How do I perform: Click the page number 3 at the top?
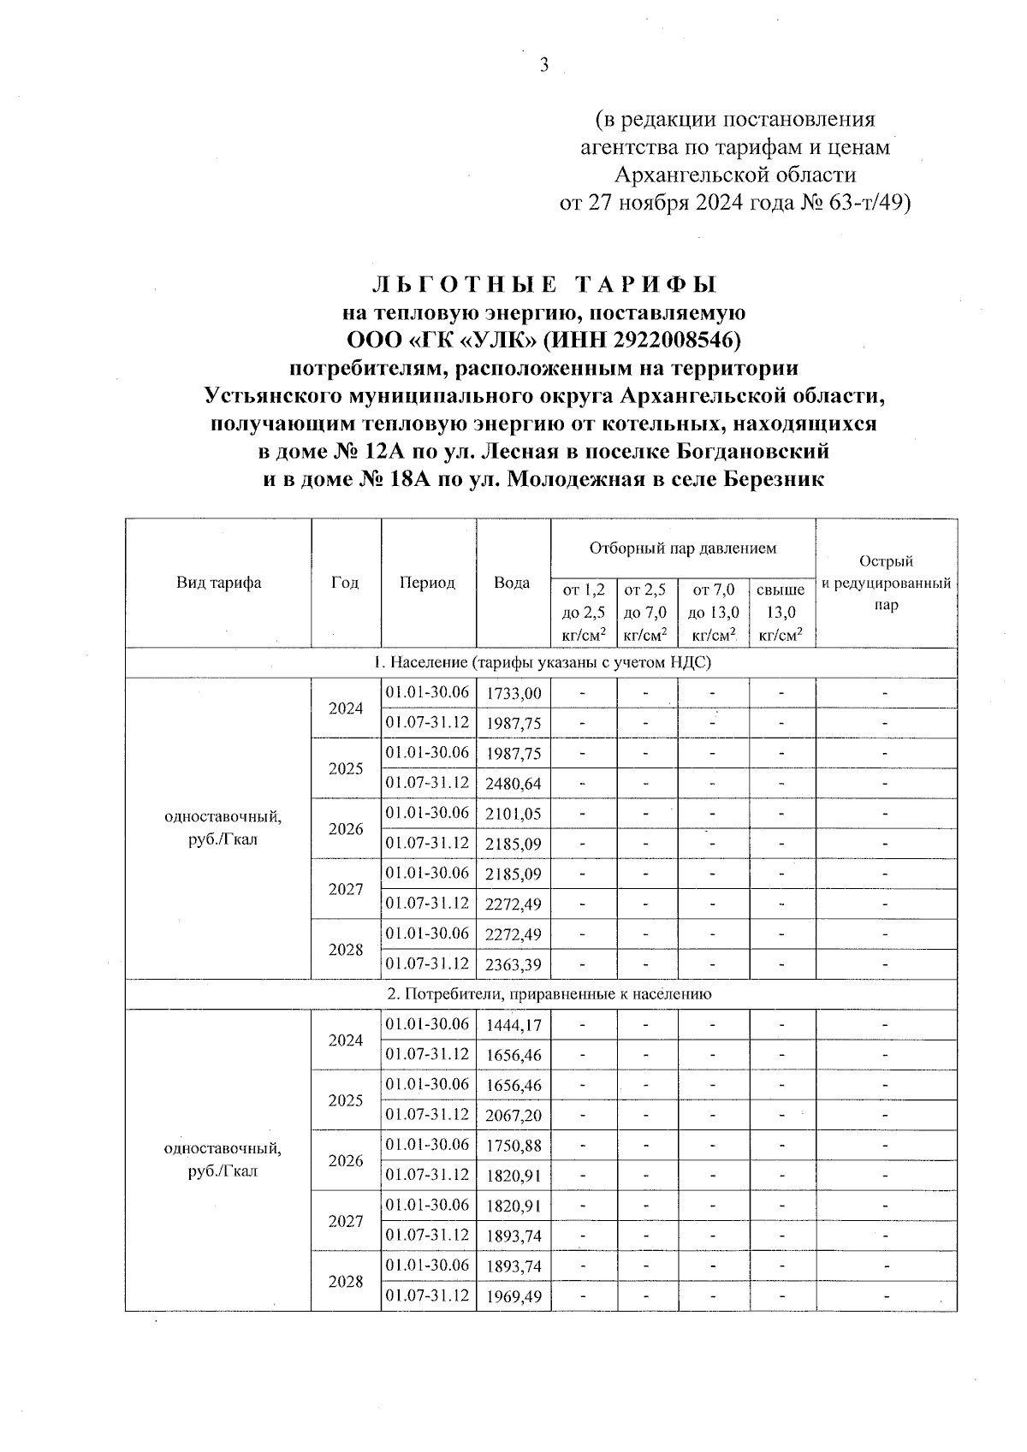click(543, 65)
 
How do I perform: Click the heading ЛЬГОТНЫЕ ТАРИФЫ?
click(543, 284)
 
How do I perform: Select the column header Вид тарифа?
click(218, 583)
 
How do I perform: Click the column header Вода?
click(512, 583)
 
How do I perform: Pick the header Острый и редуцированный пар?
click(886, 583)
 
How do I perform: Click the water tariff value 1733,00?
click(513, 694)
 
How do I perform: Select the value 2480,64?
click(513, 784)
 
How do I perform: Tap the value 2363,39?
click(513, 965)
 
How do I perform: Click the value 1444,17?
click(513, 1025)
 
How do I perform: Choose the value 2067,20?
click(513, 1116)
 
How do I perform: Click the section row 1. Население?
click(542, 662)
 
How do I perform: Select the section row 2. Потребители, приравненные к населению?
click(542, 994)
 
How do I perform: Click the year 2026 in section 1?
click(346, 829)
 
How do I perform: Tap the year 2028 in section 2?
click(346, 1282)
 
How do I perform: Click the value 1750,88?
click(513, 1146)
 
